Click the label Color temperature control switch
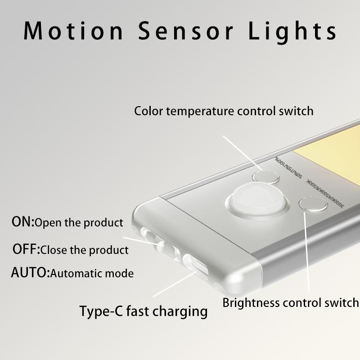(224, 111)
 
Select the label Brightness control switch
(290, 302)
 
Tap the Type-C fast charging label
(144, 311)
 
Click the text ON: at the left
(23, 222)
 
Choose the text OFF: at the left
(26, 249)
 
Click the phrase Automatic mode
(92, 273)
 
